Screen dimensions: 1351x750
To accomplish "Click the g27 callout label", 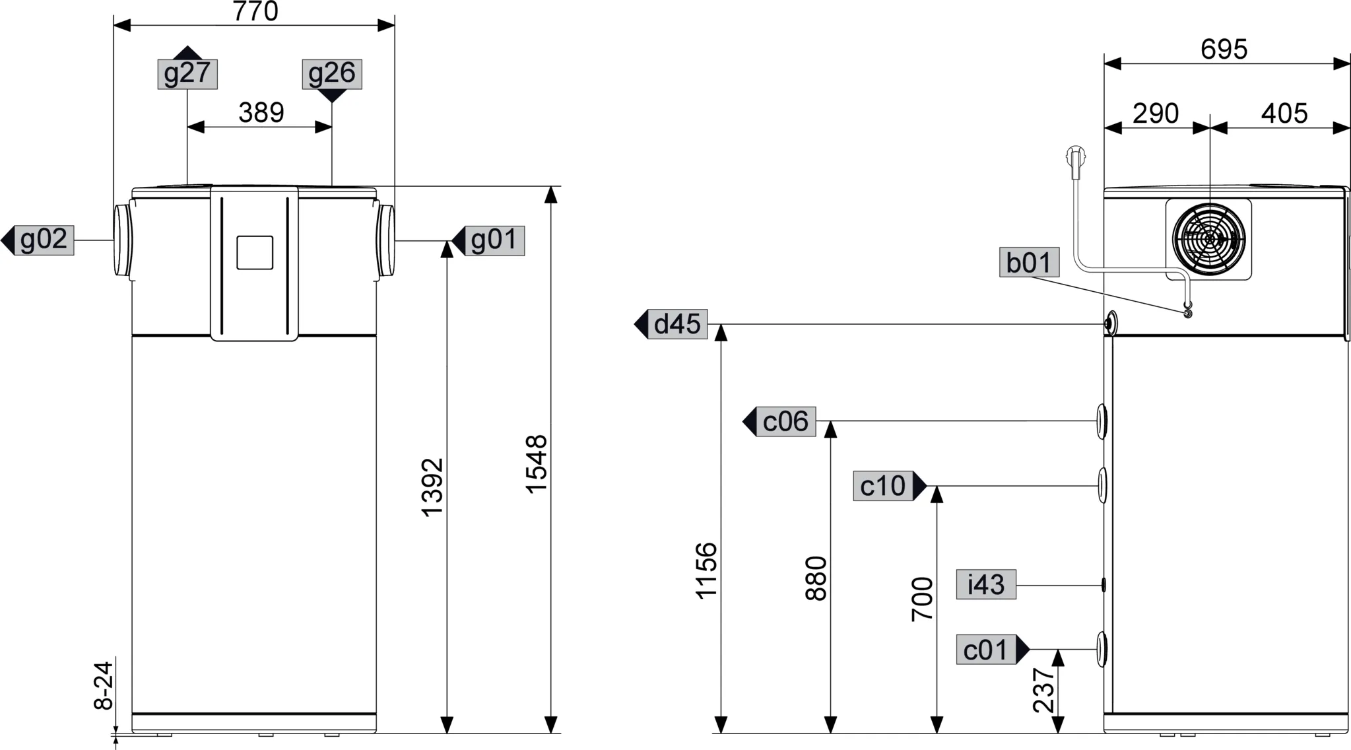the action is coord(187,73).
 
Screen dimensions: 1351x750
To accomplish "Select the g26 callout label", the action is coord(332,74).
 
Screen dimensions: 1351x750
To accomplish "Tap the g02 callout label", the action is coord(44,240).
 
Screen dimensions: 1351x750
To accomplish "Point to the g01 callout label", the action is coord(495,240).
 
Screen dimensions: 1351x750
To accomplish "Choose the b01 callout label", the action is coord(1030,262).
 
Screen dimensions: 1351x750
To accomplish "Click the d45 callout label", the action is coord(677,324).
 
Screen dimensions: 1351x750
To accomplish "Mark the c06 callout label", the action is coord(786,422).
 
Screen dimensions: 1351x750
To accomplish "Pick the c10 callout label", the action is coord(883,486).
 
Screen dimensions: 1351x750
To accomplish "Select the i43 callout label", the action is coord(986,584).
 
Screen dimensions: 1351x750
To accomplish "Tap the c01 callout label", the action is coord(986,650).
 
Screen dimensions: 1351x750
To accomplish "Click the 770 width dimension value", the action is coord(255,11).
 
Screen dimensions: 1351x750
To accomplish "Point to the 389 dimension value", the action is coord(261,113).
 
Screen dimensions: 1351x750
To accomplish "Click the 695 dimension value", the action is coord(1224,50).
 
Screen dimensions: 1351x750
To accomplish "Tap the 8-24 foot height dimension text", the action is coord(104,686).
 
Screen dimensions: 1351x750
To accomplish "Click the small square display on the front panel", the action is coord(255,253).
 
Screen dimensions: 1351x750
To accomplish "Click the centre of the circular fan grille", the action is coord(1209,238).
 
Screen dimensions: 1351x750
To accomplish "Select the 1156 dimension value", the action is coord(707,570).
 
